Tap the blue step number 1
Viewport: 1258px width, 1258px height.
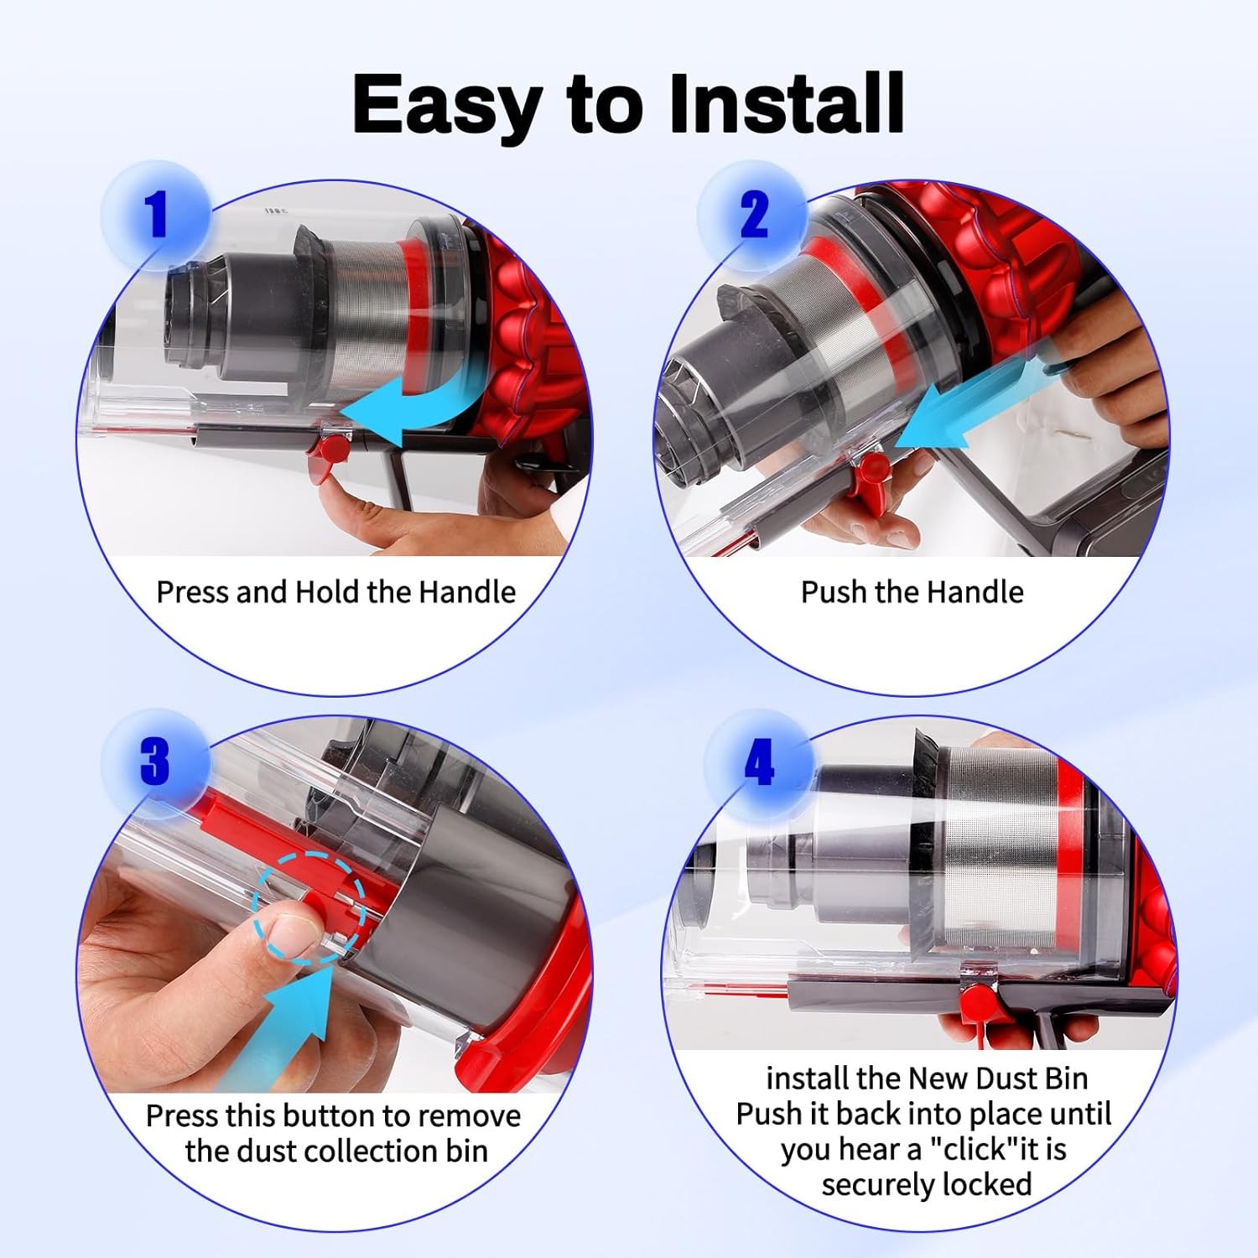pyautogui.click(x=156, y=214)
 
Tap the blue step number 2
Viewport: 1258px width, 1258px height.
pyautogui.click(x=754, y=214)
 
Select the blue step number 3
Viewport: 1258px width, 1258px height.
pyautogui.click(x=155, y=762)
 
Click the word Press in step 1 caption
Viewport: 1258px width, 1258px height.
pyautogui.click(x=193, y=592)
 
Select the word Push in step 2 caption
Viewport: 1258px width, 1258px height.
pyautogui.click(x=834, y=592)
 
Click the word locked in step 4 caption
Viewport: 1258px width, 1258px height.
pyautogui.click(x=986, y=1184)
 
